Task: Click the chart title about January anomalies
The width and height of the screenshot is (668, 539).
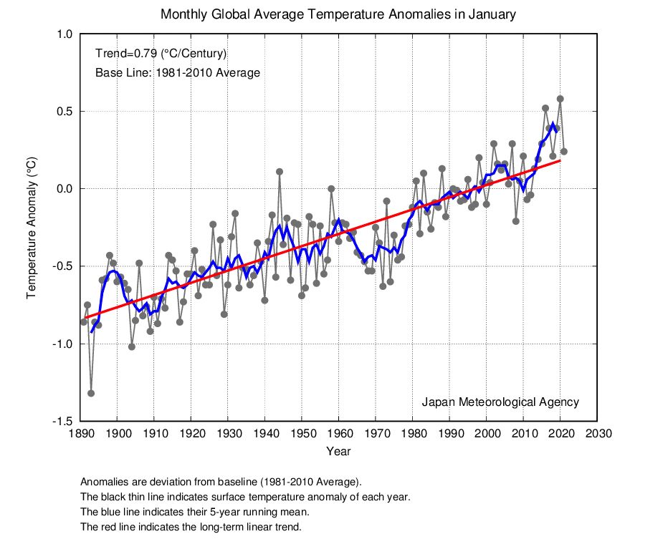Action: [338, 14]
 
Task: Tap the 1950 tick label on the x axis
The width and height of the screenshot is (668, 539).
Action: [302, 434]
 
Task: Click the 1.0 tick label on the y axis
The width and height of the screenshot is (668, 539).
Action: [65, 34]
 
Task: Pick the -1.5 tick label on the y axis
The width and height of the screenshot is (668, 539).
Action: [63, 422]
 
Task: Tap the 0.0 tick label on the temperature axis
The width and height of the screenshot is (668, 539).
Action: [65, 189]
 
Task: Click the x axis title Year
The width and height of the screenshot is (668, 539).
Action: [338, 452]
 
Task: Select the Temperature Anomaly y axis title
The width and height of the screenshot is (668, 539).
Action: [32, 228]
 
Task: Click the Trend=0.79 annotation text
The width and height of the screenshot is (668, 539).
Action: [161, 54]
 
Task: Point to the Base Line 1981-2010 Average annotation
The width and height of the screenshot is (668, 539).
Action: [177, 73]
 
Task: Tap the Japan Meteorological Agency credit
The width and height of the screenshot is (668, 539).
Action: [500, 402]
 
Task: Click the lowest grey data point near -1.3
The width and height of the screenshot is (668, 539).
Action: [91, 393]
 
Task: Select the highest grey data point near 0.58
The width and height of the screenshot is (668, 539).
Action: [560, 99]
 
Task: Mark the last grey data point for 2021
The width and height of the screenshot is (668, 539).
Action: [564, 152]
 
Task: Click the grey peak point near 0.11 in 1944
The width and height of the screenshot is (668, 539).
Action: [280, 172]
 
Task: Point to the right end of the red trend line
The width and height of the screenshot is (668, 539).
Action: [560, 161]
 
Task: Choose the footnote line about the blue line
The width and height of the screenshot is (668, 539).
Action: [194, 512]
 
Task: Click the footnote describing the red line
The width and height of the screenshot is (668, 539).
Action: [191, 528]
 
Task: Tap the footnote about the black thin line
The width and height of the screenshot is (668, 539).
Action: [244, 496]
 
